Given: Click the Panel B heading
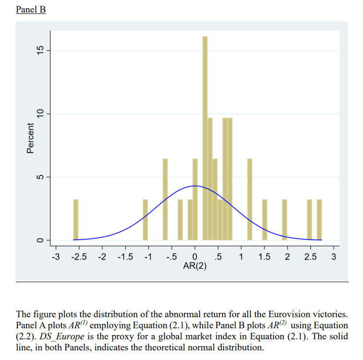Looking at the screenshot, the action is pos(31,10).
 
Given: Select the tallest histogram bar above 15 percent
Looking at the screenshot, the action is pos(205,138).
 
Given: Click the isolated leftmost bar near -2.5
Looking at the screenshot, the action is pos(76,220).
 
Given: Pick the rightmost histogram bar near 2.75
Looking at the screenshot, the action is pos(319,220).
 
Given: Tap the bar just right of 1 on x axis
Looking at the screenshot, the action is pos(250,199).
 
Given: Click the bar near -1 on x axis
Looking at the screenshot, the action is pos(145,220).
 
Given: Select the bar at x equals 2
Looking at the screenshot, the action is pos(285,220).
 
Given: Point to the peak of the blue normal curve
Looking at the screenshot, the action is pos(195,186).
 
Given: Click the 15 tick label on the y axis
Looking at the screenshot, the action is pos(40,50).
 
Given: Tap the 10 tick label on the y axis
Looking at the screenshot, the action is pos(40,114).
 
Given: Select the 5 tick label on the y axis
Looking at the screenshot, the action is pos(40,177).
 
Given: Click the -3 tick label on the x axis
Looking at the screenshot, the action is pos(56,257).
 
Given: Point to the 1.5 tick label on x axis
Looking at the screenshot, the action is pos(265,257).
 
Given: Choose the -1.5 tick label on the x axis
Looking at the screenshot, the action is pos(125,257).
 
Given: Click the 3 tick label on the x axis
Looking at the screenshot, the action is pos(334,257).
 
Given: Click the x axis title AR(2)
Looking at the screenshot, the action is pos(194,266).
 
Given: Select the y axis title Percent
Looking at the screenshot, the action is pos(30,138).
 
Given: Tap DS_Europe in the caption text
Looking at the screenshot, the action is pos(62,336).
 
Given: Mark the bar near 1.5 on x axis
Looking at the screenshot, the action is pos(265,220).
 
